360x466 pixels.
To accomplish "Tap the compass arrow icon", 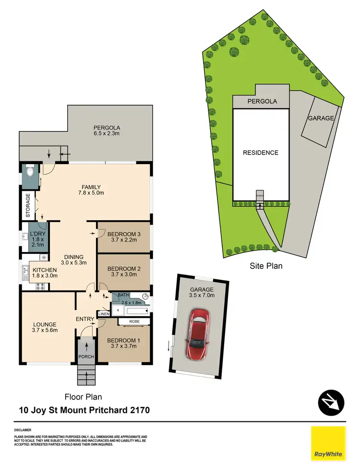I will (x=332, y=402).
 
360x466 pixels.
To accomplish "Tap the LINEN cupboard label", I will (x=104, y=314).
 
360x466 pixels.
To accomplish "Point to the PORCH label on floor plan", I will (x=87, y=357).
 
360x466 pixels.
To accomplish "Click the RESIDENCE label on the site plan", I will (x=261, y=153).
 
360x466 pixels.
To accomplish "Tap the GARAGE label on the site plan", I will (x=321, y=118).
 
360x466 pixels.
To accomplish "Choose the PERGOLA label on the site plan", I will (x=261, y=102).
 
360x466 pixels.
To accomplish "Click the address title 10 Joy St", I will (x=84, y=410).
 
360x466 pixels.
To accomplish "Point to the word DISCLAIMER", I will (x=23, y=430).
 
